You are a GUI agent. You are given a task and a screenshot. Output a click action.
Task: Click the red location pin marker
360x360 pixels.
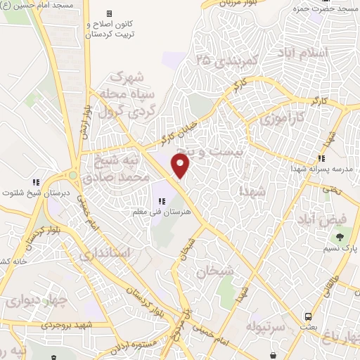click(x=181, y=166)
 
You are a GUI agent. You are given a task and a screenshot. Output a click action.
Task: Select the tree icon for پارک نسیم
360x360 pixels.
click(x=341, y=237)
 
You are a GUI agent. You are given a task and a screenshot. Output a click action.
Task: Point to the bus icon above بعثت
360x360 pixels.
click(x=308, y=316)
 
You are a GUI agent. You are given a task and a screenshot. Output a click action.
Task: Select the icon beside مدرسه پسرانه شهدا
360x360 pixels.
click(x=321, y=158)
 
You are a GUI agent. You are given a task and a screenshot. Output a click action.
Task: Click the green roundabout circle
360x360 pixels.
click(x=72, y=175)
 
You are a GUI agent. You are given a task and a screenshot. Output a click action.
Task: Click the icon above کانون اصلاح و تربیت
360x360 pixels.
click(x=108, y=14)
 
